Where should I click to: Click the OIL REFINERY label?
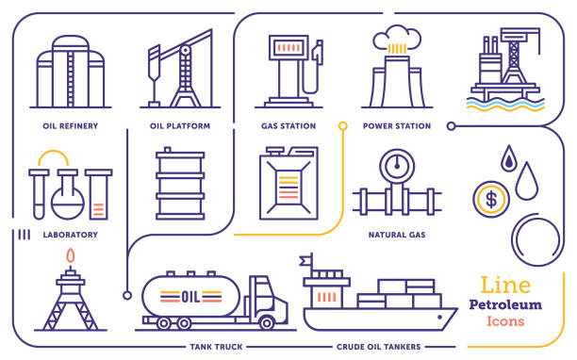71,125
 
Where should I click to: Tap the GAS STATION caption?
288,125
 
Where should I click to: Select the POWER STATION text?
396,125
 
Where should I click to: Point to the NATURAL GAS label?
396,234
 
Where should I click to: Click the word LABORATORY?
71,234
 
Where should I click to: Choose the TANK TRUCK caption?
216,347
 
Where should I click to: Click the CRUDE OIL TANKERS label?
379,347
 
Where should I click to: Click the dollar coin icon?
490,198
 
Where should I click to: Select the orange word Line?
504,284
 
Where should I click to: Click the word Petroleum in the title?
504,304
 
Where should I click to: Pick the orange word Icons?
504,321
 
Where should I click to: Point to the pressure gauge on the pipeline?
395,166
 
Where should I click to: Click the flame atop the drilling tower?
70,255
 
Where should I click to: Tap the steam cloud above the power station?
396,40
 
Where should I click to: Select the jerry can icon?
288,184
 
